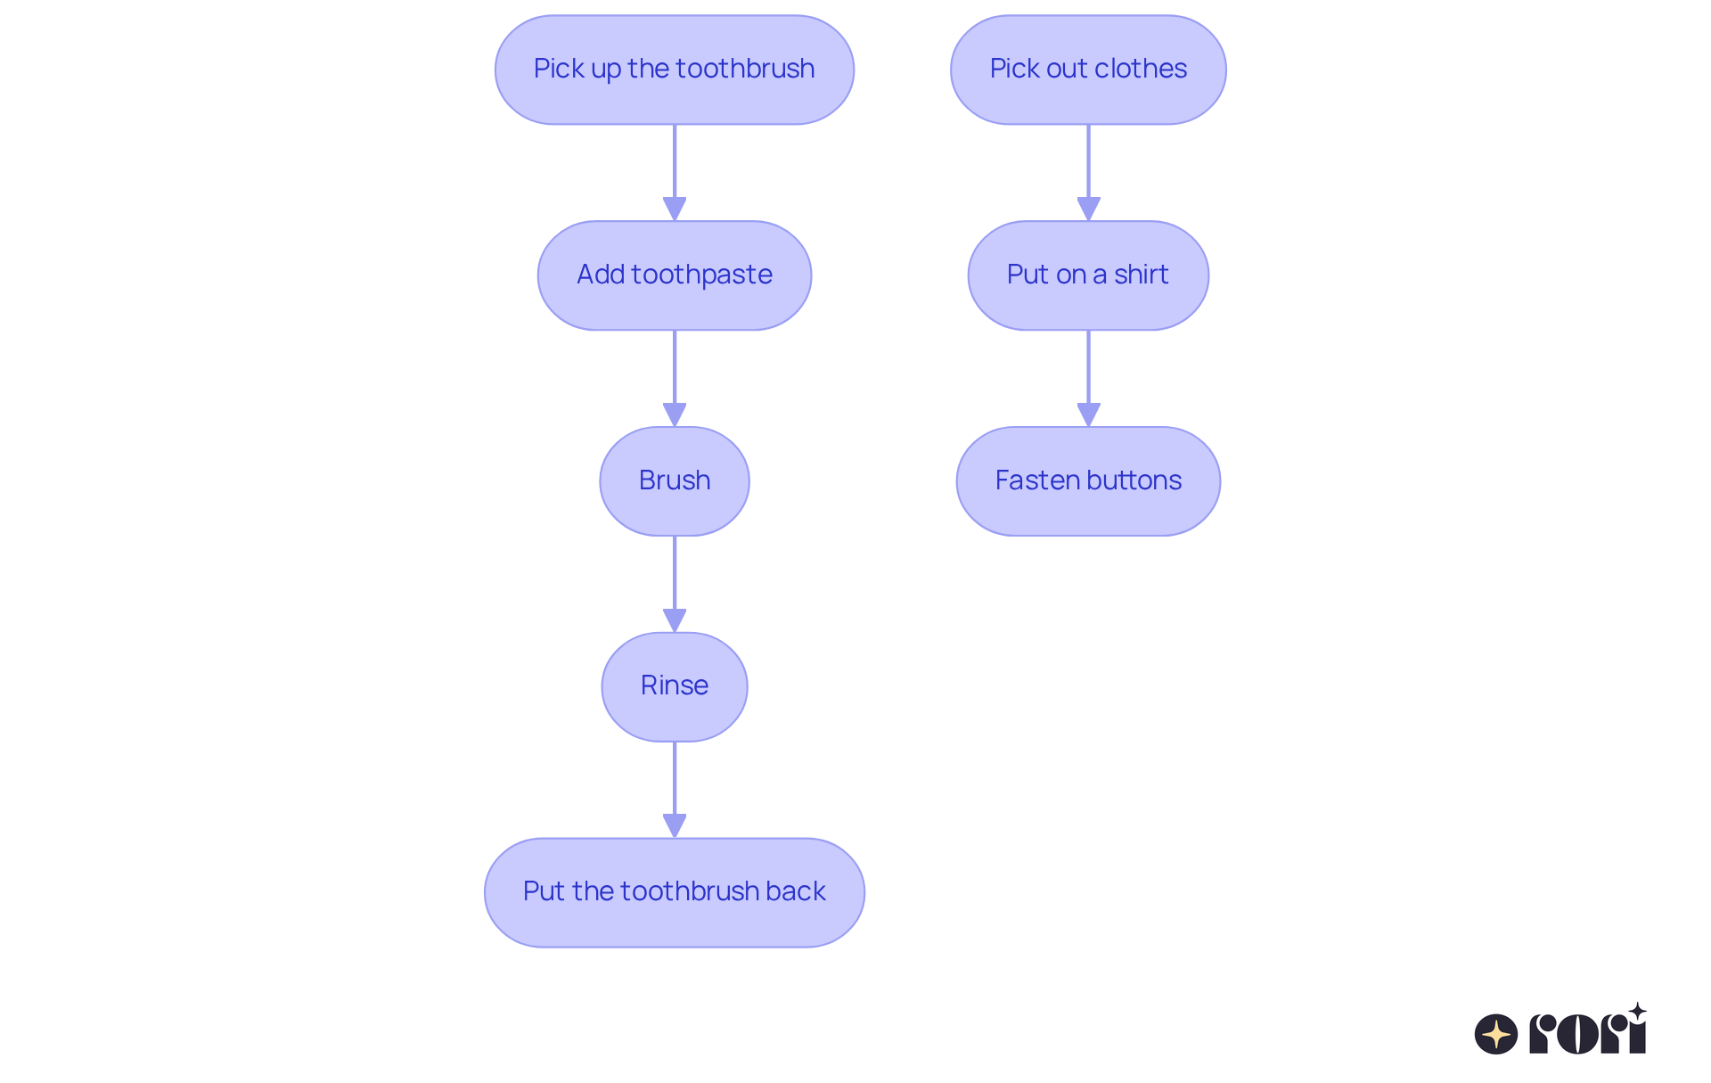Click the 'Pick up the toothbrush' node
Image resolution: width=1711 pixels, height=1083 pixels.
pos(674,70)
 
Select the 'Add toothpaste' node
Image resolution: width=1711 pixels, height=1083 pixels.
pos(674,275)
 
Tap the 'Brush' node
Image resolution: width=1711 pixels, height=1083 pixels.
pos(674,481)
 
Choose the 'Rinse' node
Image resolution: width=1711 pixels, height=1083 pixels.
pos(674,686)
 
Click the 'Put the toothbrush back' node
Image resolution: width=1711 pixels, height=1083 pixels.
pos(674,892)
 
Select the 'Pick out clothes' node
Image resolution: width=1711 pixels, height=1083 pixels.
pos(1087,70)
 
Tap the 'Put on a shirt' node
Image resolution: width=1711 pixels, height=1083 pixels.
pos(1087,275)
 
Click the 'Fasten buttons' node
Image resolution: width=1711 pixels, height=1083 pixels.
pos(1087,481)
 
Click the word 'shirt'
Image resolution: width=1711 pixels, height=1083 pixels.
pos(1141,275)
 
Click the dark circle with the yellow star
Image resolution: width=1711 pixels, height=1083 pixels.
pos(1495,1034)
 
